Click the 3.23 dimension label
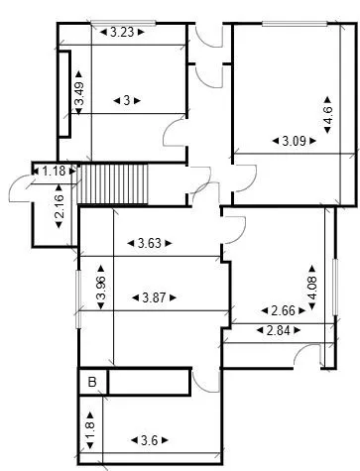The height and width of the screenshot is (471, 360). [122, 32]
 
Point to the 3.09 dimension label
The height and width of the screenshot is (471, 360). [294, 141]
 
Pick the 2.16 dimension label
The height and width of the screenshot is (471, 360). [60, 211]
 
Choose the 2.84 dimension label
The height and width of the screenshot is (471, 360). [279, 329]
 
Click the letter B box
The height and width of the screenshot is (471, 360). [92, 381]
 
